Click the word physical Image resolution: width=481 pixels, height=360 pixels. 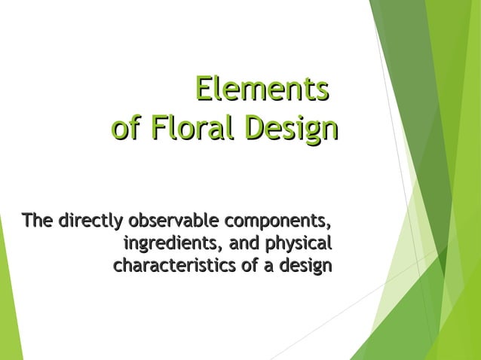click(x=299, y=245)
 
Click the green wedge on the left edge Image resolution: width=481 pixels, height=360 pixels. click(x=9, y=301)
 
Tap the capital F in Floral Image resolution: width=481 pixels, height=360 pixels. click(x=158, y=128)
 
